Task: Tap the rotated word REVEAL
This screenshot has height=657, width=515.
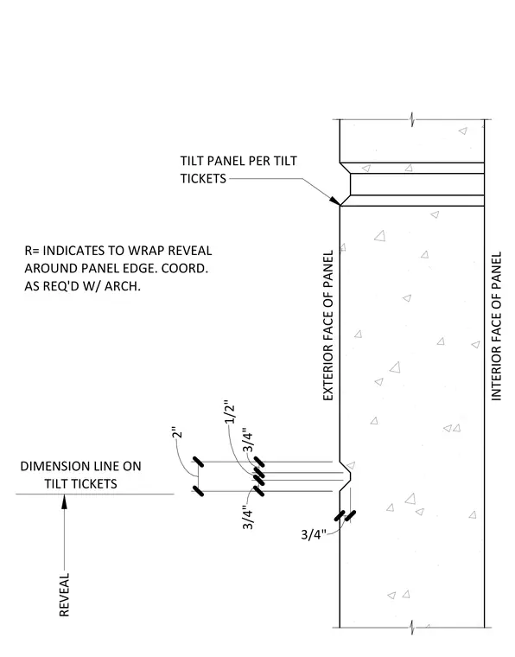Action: (x=64, y=595)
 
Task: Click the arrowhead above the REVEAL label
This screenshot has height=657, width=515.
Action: (x=64, y=501)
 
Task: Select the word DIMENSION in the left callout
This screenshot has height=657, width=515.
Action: (x=50, y=466)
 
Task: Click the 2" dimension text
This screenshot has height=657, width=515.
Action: (x=177, y=433)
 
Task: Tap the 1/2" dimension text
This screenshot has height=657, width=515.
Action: (x=230, y=414)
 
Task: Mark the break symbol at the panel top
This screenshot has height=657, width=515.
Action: (x=412, y=120)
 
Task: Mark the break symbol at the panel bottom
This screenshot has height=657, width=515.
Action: (x=412, y=628)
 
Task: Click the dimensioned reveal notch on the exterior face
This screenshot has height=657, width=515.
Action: (x=346, y=476)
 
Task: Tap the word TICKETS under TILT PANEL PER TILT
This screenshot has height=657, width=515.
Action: (x=203, y=178)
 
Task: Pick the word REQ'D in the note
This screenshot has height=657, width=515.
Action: (x=67, y=286)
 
